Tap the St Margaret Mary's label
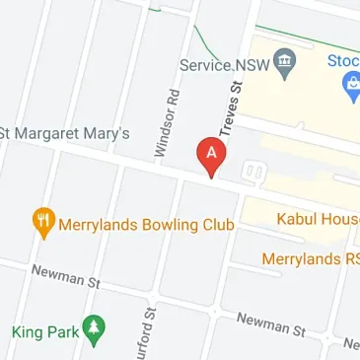[64, 132]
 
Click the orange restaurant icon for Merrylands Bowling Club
[43, 223]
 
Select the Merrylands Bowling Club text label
[147, 225]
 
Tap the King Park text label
[43, 331]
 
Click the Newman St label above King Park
[67, 275]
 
